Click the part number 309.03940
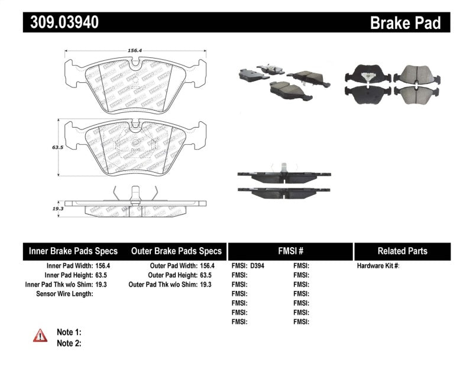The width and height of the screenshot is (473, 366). (61, 22)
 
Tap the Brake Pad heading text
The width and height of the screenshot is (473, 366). (405, 22)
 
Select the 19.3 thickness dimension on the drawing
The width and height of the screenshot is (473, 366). (56, 208)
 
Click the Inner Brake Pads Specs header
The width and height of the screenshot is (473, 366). (73, 250)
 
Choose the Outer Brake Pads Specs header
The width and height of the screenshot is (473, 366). (176, 250)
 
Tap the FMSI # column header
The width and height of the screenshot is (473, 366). (290, 250)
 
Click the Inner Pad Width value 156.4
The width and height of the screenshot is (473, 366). (102, 266)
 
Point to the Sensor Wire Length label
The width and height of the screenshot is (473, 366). (64, 294)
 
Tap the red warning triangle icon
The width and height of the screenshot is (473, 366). (40, 336)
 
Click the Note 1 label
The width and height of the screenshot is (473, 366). (69, 332)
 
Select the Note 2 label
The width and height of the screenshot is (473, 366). (69, 343)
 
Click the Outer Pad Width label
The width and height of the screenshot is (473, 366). (167, 266)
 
